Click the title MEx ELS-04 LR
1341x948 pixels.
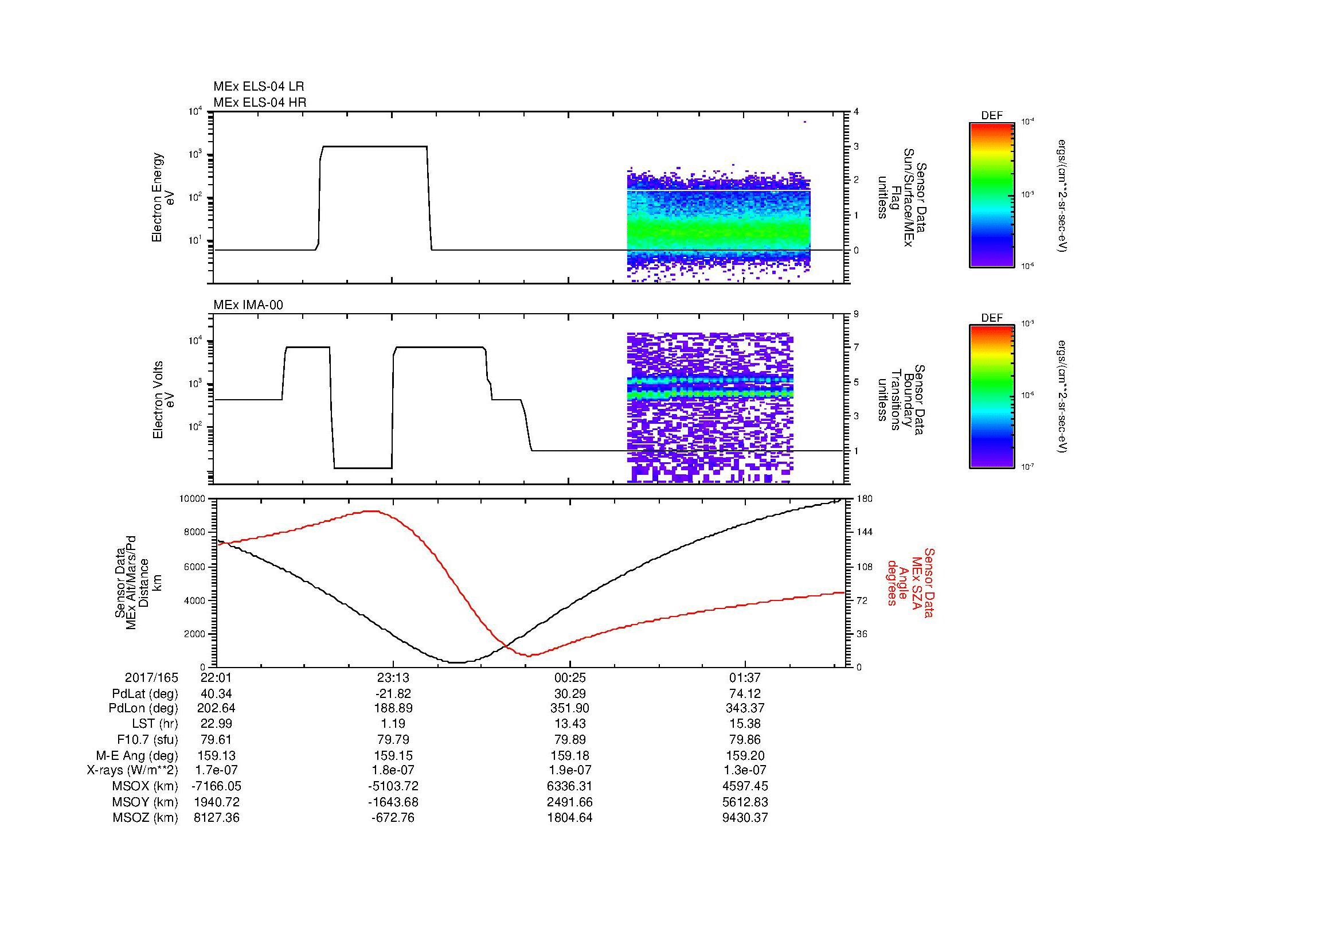pyautogui.click(x=259, y=87)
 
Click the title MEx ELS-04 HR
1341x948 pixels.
pyautogui.click(x=259, y=103)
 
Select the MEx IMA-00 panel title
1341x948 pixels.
pyautogui.click(x=248, y=305)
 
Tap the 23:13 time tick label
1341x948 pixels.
pyautogui.click(x=393, y=677)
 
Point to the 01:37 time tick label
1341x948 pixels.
pyautogui.click(x=745, y=677)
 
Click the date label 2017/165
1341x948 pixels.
pyautogui.click(x=151, y=677)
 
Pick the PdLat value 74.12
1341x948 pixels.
pyautogui.click(x=745, y=693)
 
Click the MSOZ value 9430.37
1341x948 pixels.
pyautogui.click(x=745, y=818)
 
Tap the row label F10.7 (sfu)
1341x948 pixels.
pyautogui.click(x=147, y=739)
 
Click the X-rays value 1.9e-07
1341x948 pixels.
pyautogui.click(x=569, y=770)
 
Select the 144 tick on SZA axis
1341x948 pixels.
pyautogui.click(x=865, y=532)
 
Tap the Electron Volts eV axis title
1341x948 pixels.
pyautogui.click(x=164, y=400)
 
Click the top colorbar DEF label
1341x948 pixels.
pyautogui.click(x=992, y=116)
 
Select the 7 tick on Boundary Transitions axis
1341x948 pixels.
pyautogui.click(x=857, y=348)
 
